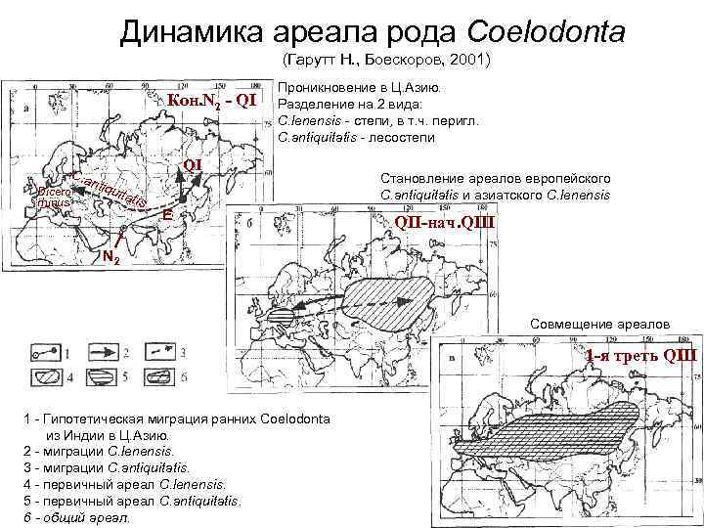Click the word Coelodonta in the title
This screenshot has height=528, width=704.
click(546, 32)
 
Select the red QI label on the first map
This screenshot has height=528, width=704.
click(192, 164)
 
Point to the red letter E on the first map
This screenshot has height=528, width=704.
click(168, 213)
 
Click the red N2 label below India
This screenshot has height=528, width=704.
click(110, 257)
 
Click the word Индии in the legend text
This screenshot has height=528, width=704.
click(91, 435)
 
